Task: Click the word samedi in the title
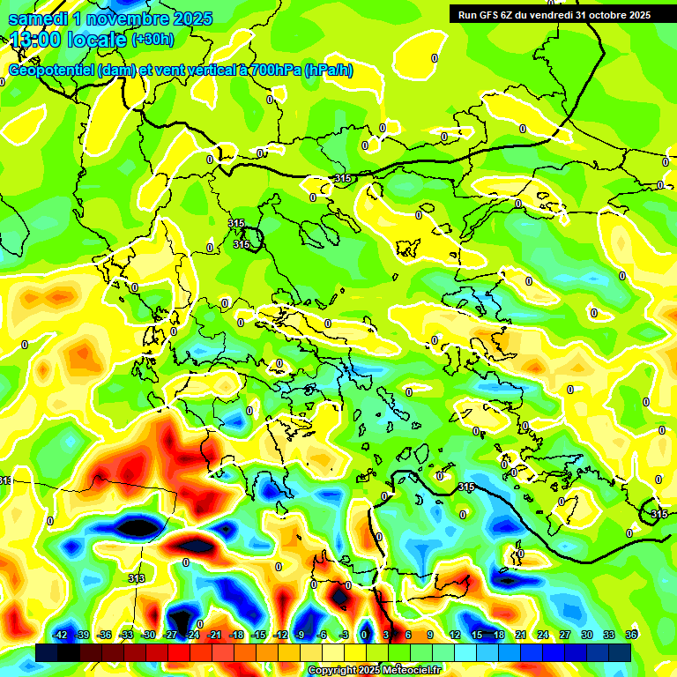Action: pos(40,18)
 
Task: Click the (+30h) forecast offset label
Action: pos(153,40)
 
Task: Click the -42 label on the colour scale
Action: pos(60,635)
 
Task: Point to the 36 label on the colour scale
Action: pos(630,635)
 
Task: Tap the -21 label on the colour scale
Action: pos(214,635)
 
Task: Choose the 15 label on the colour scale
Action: pos(476,635)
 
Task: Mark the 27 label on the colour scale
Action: pos(564,635)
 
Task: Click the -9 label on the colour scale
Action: pos(300,635)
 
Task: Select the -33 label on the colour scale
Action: pos(126,635)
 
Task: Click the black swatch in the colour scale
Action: pos(47,652)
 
